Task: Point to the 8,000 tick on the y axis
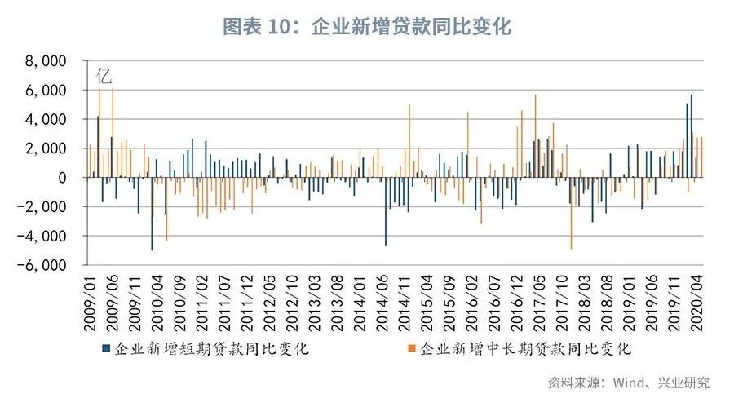[x=47, y=61]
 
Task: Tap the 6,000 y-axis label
[x=47, y=91]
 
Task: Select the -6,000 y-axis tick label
[x=44, y=266]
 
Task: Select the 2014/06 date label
[x=380, y=299]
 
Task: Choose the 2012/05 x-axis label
[x=268, y=299]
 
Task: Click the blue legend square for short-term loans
[x=106, y=349]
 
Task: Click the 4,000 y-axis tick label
[x=47, y=120]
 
